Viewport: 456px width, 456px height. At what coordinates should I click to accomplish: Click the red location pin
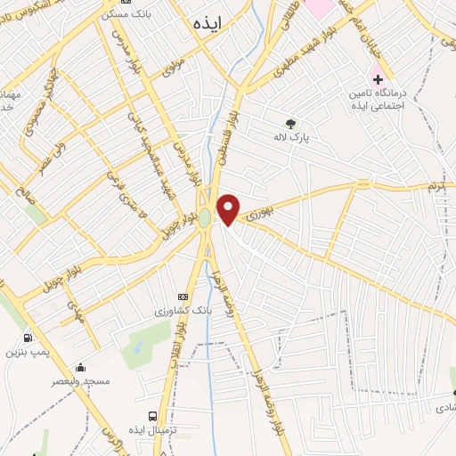[229, 208]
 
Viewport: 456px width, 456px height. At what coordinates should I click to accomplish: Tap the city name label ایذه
[212, 24]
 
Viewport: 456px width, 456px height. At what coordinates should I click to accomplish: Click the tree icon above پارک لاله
[289, 124]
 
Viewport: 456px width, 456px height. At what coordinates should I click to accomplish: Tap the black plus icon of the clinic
[378, 78]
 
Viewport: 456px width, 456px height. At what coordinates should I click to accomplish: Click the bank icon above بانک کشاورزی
[183, 297]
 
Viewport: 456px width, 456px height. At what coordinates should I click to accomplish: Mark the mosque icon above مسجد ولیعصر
[81, 367]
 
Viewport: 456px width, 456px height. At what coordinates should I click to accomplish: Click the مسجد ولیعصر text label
[82, 381]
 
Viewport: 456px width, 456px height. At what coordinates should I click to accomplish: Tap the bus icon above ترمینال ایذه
[152, 416]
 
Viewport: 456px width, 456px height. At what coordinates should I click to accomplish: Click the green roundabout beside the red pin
[206, 217]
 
